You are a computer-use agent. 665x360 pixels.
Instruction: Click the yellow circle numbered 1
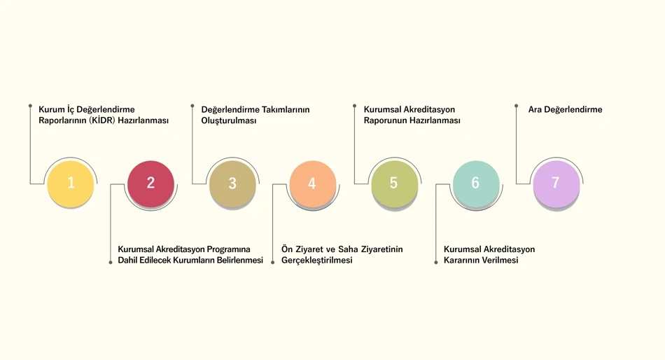[x=71, y=184]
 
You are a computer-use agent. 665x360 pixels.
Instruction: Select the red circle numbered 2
[x=150, y=184]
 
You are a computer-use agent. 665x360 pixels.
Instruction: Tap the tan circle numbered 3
[x=232, y=184]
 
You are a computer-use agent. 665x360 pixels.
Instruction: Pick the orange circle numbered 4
[x=313, y=184]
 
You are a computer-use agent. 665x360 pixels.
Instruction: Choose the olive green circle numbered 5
[x=394, y=184]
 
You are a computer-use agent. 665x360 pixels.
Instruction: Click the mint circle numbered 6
[x=476, y=184]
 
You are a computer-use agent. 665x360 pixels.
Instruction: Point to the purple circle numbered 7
[x=556, y=184]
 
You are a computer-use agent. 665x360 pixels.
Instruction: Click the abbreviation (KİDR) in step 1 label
[x=102, y=120]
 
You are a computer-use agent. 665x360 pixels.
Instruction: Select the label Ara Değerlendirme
[x=565, y=109]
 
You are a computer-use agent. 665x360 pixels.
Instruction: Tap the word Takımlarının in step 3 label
[x=286, y=109]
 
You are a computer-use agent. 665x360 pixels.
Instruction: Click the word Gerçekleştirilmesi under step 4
[x=317, y=261]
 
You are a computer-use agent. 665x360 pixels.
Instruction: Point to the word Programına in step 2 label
[x=228, y=249]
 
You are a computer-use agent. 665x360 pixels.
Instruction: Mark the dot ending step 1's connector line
[x=30, y=106]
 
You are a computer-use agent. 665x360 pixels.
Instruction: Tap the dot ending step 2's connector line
[x=111, y=263]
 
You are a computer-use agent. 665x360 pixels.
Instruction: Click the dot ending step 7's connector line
[x=516, y=106]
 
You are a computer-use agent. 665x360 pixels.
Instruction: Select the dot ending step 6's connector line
[x=435, y=263]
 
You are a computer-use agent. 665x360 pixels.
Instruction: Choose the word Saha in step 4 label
[x=348, y=249]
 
